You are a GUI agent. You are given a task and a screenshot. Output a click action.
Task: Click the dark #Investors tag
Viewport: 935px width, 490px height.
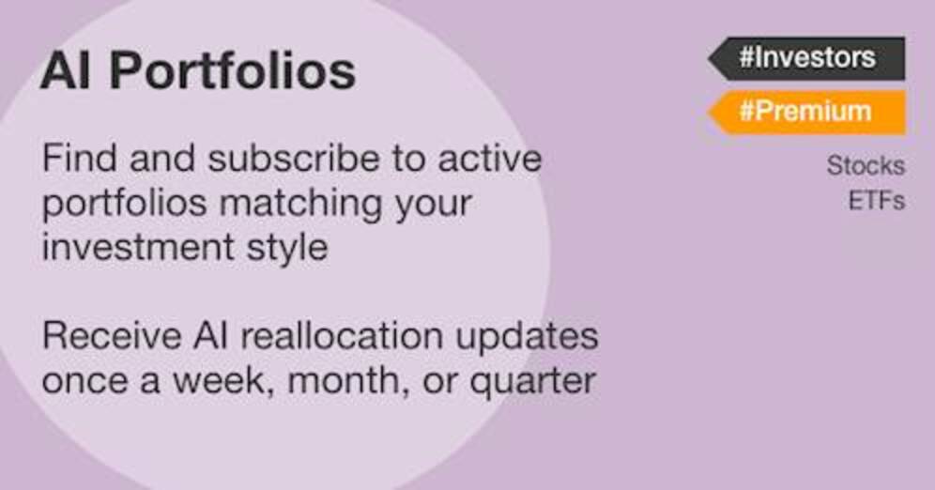(806, 58)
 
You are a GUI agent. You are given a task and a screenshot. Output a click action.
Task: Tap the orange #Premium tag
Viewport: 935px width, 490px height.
(806, 112)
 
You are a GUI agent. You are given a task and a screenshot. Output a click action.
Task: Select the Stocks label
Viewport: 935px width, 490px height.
(866, 165)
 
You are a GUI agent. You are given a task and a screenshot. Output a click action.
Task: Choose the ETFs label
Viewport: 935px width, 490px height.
(876, 201)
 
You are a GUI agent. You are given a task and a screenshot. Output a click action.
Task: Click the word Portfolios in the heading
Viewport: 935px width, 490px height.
(233, 71)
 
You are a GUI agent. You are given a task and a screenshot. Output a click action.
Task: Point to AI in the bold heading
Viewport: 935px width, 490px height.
(66, 71)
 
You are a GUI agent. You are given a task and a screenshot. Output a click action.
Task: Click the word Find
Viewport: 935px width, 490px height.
(79, 159)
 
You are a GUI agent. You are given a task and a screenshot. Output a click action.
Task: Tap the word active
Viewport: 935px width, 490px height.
(490, 159)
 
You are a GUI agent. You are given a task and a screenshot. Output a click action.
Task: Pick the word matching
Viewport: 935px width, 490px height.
(300, 205)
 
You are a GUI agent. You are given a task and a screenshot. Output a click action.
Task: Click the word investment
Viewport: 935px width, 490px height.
(138, 248)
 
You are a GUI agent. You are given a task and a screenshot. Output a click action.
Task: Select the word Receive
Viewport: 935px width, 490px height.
(112, 336)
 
